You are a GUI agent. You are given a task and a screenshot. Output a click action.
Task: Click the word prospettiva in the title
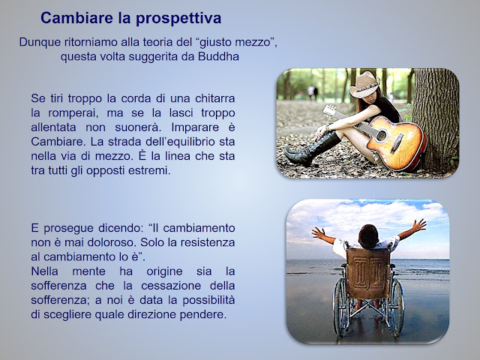pos(178,19)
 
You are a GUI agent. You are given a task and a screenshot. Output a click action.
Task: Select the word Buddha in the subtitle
pos(218,57)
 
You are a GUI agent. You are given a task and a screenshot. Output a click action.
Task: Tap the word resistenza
pos(208,242)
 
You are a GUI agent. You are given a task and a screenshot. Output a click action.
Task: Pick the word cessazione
pos(171,286)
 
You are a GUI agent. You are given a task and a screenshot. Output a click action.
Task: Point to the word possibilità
pos(208,301)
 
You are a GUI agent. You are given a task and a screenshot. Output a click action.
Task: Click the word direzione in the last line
pos(151,314)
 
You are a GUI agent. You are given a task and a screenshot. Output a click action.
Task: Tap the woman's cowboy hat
pos(364,85)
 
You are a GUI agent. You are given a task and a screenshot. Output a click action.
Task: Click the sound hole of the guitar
pos(381,136)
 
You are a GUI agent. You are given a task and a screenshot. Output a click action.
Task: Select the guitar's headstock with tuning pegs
pos(330,111)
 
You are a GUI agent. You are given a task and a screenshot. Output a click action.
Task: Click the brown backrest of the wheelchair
pos(368,273)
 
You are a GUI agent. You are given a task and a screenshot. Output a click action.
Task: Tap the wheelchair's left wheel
pos(340,307)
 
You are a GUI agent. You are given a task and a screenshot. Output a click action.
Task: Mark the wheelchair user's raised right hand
pos(418,225)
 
